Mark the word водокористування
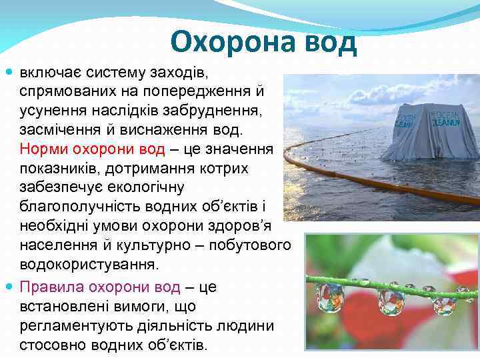(x=89, y=263)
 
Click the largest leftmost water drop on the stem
(x=330, y=297)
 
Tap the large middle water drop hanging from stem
(x=391, y=301)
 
